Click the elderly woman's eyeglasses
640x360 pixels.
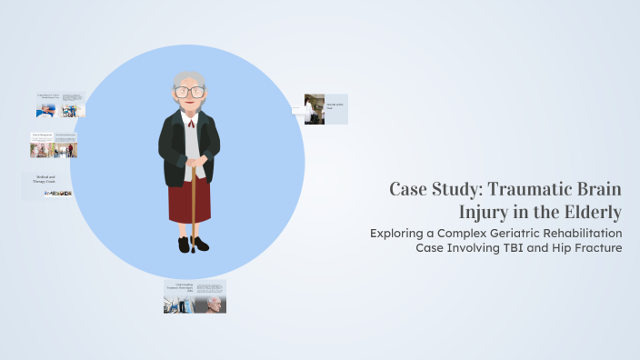click(189, 91)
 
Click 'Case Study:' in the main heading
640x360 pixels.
click(434, 190)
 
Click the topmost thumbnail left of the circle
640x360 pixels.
click(59, 105)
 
